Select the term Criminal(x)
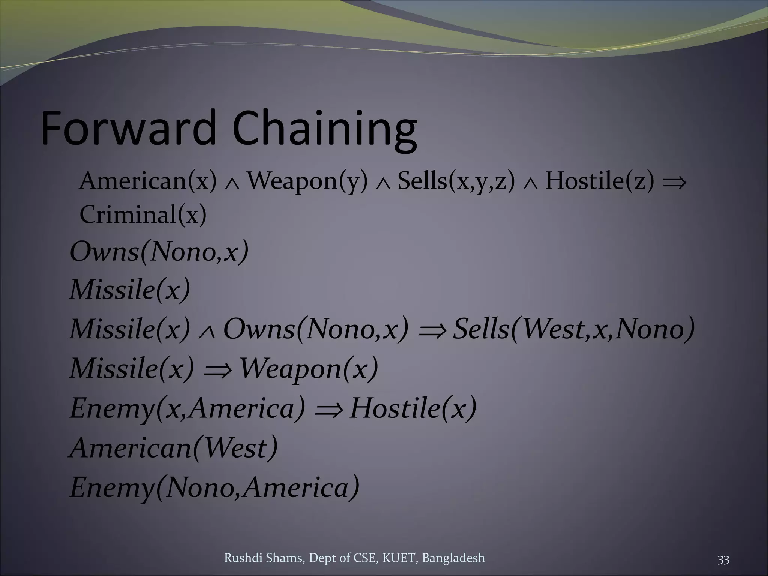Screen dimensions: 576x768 coord(143,215)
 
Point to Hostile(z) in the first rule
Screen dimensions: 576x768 coord(599,181)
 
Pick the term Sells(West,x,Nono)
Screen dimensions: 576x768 coord(574,329)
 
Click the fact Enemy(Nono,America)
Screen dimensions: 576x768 coord(214,487)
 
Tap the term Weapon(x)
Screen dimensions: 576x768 coord(309,369)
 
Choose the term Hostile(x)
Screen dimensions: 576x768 coord(413,408)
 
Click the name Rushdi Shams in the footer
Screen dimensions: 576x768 coord(264,558)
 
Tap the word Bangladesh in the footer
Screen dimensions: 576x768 coord(453,558)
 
